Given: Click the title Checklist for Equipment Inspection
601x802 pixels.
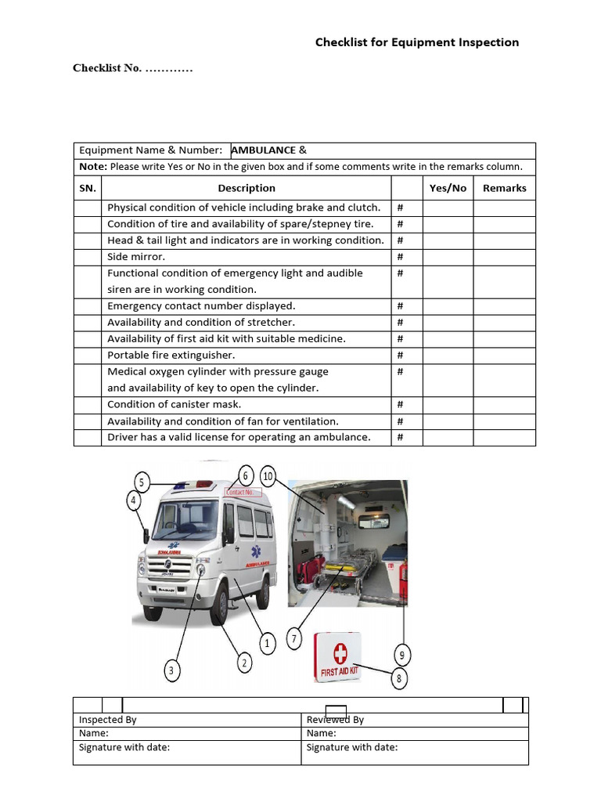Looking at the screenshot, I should [416, 42].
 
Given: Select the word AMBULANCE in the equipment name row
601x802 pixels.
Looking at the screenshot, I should [263, 150].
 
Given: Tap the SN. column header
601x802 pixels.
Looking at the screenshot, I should [87, 188].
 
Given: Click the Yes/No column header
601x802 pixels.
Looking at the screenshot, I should [448, 188].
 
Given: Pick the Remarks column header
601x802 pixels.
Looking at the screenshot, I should [504, 188].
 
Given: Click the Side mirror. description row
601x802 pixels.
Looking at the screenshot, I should [136, 257].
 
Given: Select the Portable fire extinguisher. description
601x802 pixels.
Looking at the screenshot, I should [171, 355].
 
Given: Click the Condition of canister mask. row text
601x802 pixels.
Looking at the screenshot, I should [174, 404].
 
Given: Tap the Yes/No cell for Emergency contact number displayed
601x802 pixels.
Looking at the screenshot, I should [448, 306].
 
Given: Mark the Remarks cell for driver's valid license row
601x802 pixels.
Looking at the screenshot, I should [504, 437].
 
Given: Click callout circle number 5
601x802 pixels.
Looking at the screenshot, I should [142, 482].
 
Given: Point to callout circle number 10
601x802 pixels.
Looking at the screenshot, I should [268, 476].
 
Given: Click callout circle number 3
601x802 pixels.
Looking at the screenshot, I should [172, 670].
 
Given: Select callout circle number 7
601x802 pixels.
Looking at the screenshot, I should [294, 639].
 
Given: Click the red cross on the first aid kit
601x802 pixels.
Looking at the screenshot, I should [340, 653].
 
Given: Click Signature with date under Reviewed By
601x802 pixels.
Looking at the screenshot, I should [351, 747].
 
